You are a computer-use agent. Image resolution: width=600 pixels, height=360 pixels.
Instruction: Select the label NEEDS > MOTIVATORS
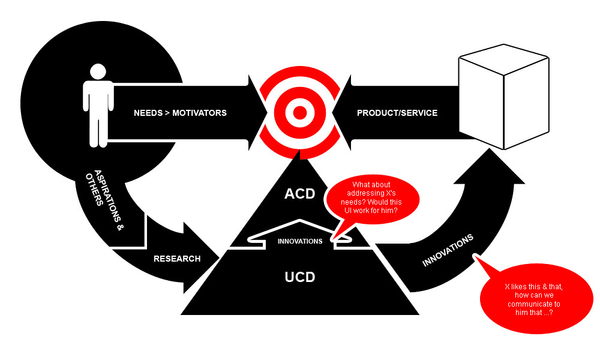[x=180, y=113]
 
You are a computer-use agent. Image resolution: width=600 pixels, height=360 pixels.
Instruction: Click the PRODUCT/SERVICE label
[x=397, y=113]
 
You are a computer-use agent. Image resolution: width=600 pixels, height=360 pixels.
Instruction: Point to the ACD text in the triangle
[x=299, y=194]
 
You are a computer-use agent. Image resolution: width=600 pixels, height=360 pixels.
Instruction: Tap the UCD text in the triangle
[x=299, y=277]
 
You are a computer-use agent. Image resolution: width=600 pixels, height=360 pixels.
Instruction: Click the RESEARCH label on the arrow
[x=177, y=259]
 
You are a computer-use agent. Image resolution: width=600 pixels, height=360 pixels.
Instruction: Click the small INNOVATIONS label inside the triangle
[x=300, y=242]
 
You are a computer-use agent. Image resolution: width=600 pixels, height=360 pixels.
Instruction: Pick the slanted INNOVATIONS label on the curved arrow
[x=448, y=250]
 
